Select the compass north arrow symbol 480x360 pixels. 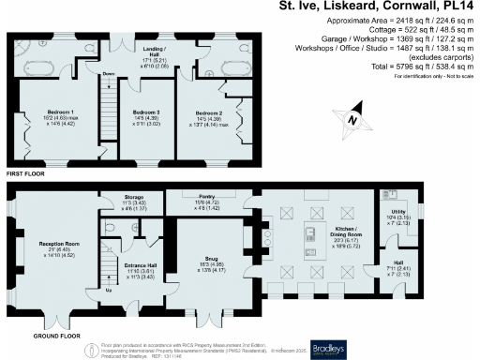350,120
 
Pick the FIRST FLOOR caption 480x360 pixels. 25,174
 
